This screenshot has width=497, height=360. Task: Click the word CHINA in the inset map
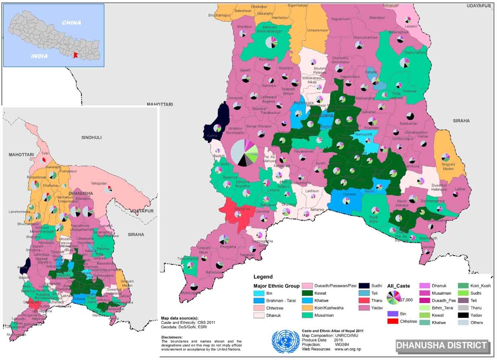[72, 22]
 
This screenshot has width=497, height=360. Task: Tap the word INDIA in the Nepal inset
[40, 56]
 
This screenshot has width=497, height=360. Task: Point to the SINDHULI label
[91, 138]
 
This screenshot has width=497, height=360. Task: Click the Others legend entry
[477, 322]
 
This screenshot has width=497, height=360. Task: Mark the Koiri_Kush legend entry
[481, 286]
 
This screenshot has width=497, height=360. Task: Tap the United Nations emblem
[285, 342]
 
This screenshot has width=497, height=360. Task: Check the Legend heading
[263, 277]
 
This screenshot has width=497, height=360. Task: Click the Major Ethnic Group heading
[276, 286]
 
